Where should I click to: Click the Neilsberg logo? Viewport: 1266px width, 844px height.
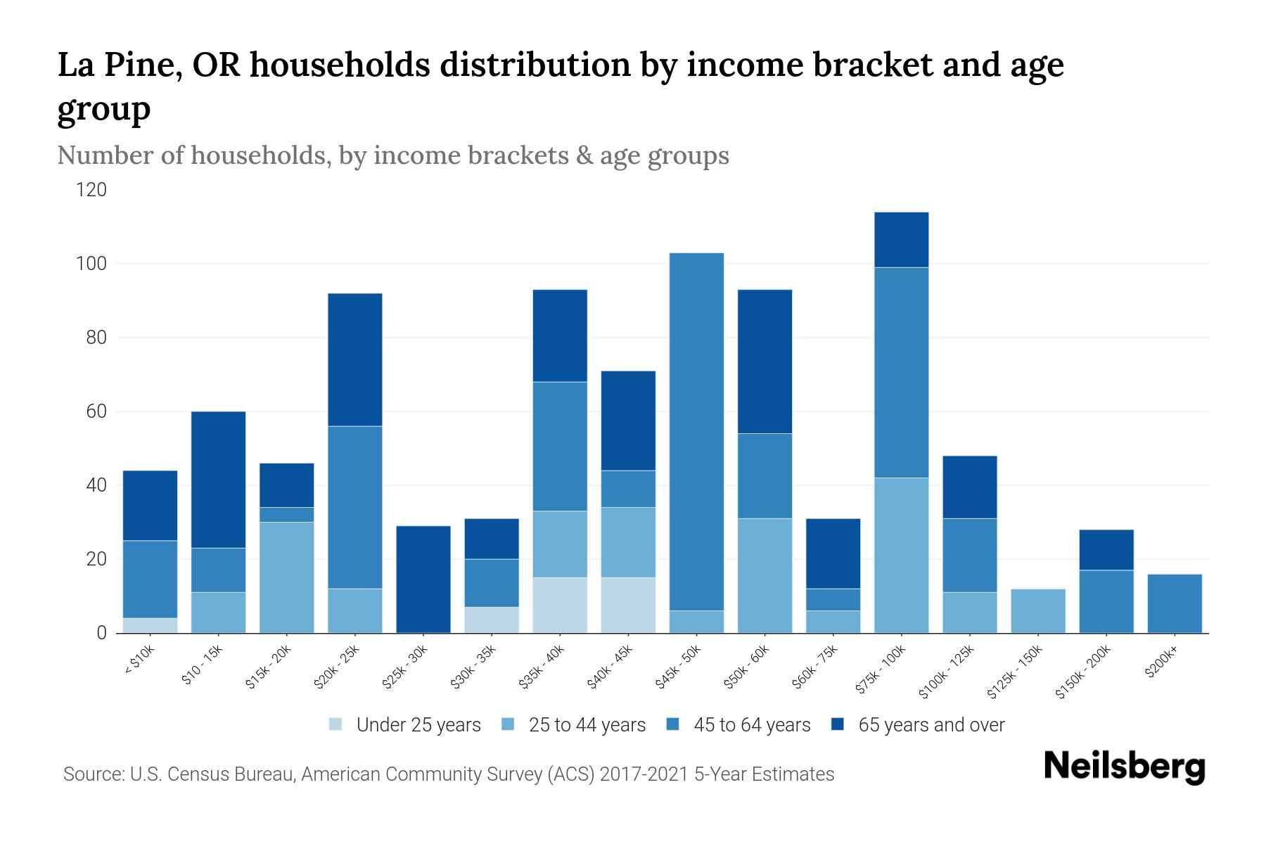coord(1124,767)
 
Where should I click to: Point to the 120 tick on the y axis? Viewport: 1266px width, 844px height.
coord(92,190)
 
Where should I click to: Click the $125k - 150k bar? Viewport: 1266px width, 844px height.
coord(1038,610)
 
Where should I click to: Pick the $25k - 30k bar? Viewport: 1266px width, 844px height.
coord(423,579)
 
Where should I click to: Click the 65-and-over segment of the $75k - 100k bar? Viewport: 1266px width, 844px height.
coord(901,239)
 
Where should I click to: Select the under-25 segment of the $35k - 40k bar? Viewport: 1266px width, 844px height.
coord(560,605)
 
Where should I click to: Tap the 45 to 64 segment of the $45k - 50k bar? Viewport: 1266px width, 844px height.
coord(696,431)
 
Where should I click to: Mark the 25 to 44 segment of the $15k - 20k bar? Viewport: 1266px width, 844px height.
coord(287,577)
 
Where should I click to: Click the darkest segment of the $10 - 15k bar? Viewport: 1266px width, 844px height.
coord(219,479)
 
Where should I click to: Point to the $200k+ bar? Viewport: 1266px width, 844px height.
coord(1175,603)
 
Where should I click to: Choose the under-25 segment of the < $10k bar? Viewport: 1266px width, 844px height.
coord(150,625)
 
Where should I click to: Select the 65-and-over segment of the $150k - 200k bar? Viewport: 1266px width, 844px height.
coord(1106,549)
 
